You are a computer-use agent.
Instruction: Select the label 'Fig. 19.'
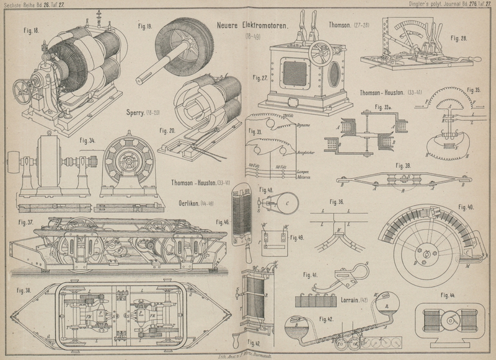(144, 27)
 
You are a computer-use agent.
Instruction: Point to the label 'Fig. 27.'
(260, 78)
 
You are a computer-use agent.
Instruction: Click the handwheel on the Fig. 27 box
(319, 50)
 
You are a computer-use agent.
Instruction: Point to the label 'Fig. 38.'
(24, 289)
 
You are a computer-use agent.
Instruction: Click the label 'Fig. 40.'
(466, 206)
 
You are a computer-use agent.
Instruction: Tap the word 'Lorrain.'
(355, 300)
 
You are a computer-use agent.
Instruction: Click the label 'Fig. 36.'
(337, 203)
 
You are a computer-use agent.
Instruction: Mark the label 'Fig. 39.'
(404, 167)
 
